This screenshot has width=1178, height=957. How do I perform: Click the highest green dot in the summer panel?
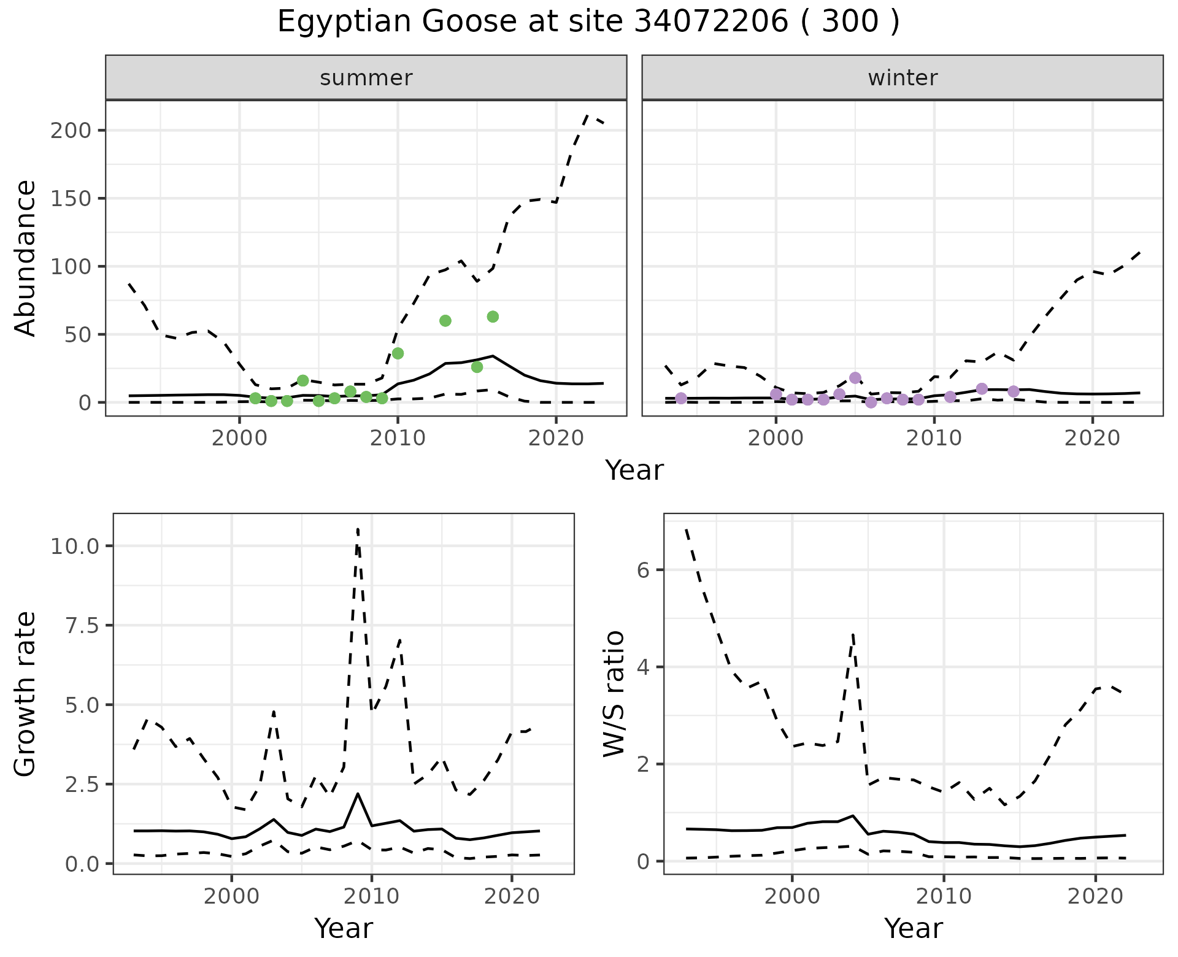point(493,317)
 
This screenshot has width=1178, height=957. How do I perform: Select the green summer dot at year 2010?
point(398,353)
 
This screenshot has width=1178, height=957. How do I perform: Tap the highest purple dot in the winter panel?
point(855,378)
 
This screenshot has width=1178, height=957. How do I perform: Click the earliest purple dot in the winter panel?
point(681,398)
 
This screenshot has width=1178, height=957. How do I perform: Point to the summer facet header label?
point(366,78)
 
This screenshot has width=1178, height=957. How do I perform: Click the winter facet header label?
point(903,78)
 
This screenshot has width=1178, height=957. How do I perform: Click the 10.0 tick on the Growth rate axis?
point(81,546)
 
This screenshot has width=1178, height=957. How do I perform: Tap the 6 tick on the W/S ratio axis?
point(642,570)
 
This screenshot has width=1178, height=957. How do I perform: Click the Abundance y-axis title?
point(26,258)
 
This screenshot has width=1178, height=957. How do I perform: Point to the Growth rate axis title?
point(26,694)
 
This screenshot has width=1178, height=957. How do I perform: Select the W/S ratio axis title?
point(614,694)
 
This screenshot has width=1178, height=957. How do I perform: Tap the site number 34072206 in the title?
point(710,22)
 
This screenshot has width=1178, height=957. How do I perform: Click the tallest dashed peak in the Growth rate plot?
point(358,528)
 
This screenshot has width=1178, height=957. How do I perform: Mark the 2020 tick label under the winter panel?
point(1092,438)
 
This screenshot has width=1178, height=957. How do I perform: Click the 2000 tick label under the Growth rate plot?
point(231,896)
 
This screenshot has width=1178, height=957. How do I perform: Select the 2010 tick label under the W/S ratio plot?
point(944,896)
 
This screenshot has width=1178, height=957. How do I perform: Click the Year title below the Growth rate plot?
point(344,928)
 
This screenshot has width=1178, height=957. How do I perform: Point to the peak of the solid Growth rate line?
point(358,794)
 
